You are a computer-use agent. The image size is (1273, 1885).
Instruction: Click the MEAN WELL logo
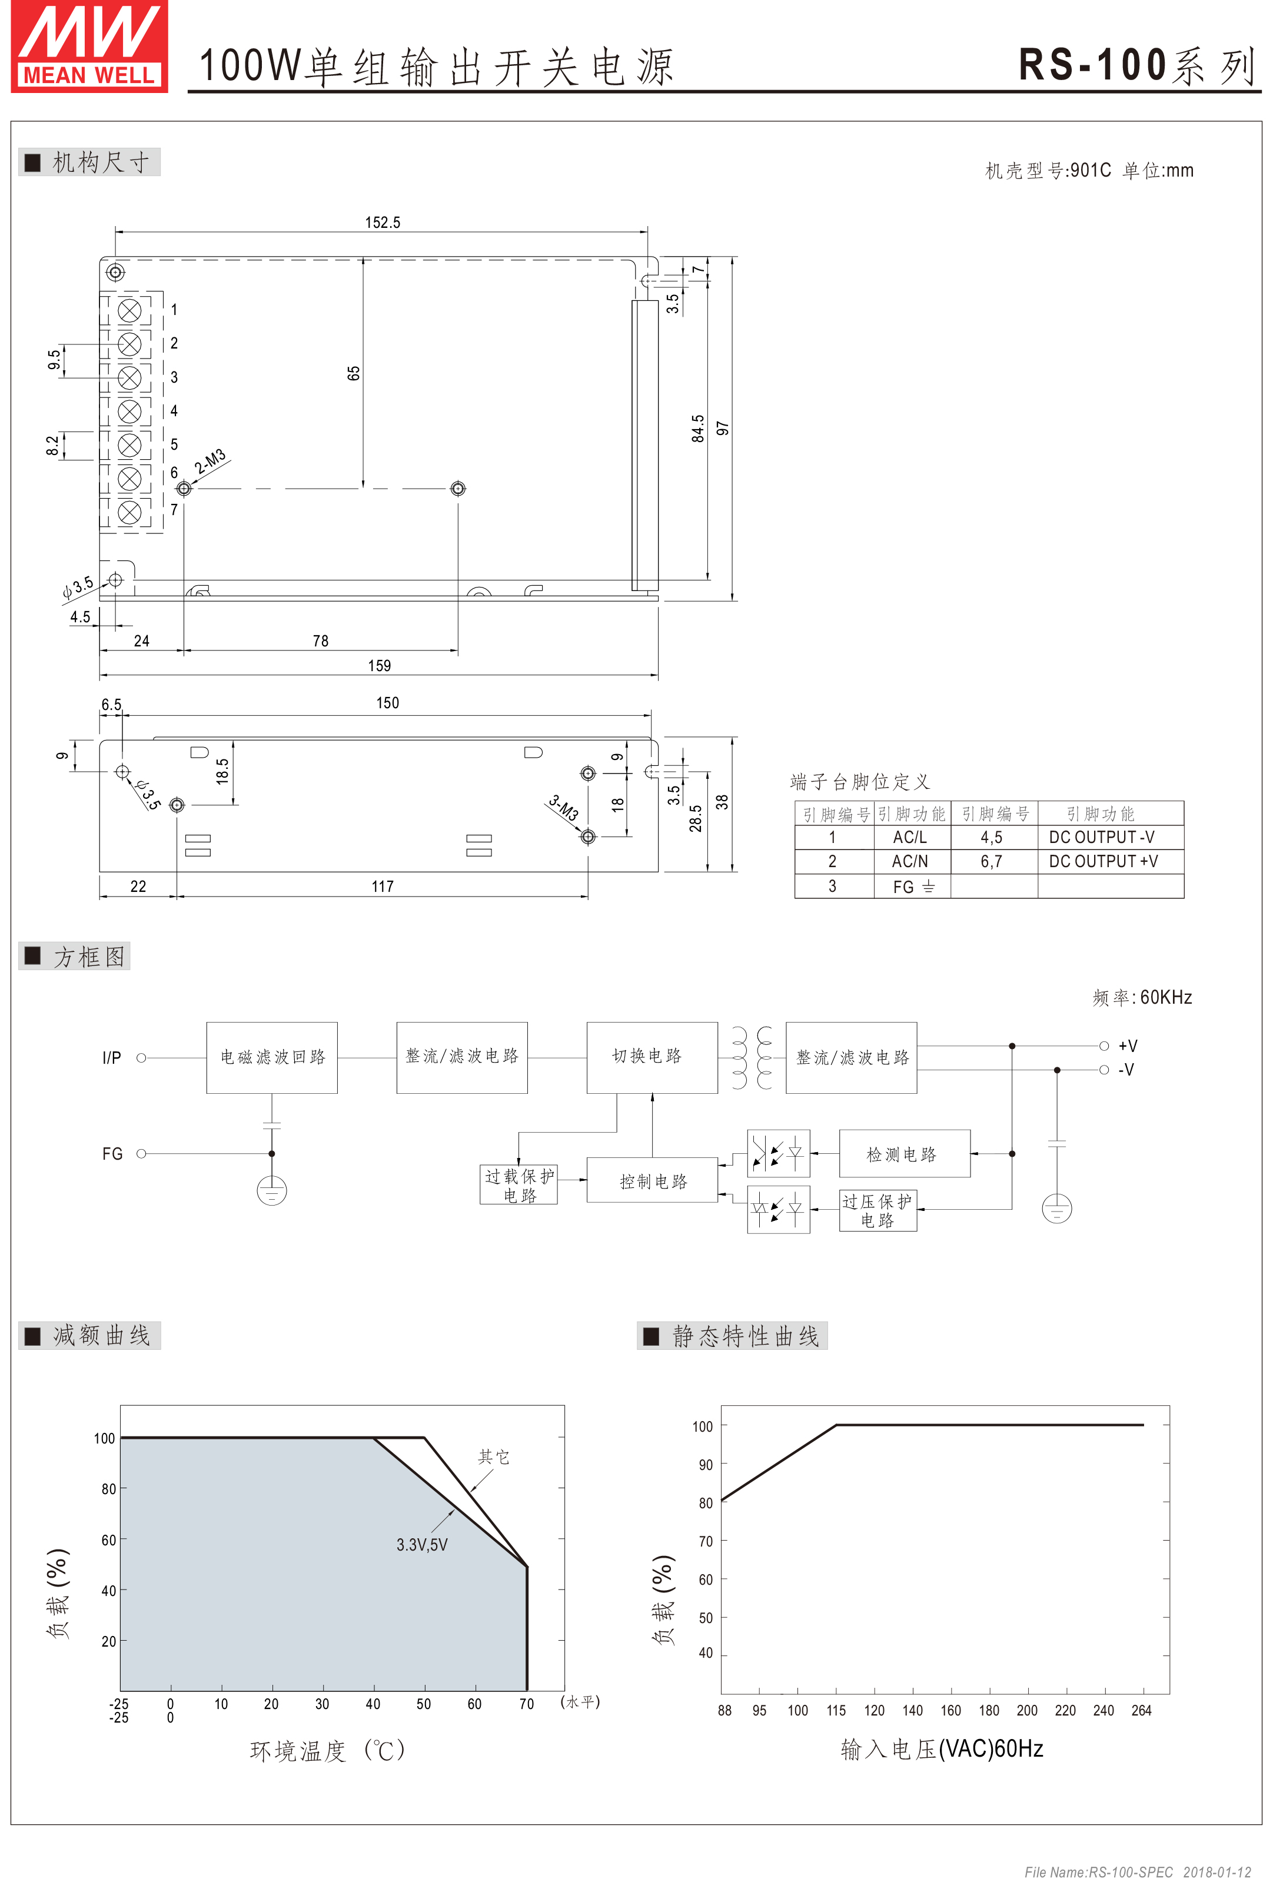click(89, 47)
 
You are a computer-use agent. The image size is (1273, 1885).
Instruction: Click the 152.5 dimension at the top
click(382, 223)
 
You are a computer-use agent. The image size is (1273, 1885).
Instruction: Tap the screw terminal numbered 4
click(129, 411)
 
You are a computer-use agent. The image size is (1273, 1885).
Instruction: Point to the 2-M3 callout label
click(210, 461)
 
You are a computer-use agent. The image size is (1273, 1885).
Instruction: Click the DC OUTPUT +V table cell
click(1103, 861)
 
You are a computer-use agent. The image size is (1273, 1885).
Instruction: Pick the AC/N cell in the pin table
click(910, 861)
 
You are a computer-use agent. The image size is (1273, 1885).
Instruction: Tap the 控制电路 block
click(652, 1180)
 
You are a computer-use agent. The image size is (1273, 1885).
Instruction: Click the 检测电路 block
click(904, 1153)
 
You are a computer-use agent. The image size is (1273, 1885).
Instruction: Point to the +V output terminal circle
click(1104, 1046)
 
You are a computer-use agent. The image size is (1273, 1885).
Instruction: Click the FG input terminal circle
click(141, 1153)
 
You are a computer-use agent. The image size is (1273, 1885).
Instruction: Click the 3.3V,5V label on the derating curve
click(421, 1544)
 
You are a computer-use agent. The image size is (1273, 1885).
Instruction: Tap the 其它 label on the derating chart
click(493, 1457)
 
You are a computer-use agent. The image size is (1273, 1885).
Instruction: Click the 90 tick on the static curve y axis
click(706, 1464)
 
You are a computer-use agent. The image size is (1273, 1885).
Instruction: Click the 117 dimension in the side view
click(382, 886)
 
